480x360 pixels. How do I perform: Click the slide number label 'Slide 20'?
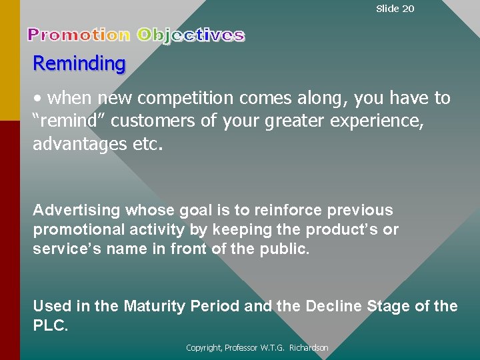[x=395, y=9]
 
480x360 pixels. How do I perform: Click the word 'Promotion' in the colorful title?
[x=79, y=35]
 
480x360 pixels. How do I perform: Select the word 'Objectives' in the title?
[x=191, y=35]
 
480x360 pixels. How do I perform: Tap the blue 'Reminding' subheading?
[x=79, y=64]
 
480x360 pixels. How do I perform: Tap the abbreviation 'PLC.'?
[x=51, y=327]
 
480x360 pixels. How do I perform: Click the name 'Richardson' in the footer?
[x=309, y=348]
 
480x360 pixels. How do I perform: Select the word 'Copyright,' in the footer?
[x=205, y=348]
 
